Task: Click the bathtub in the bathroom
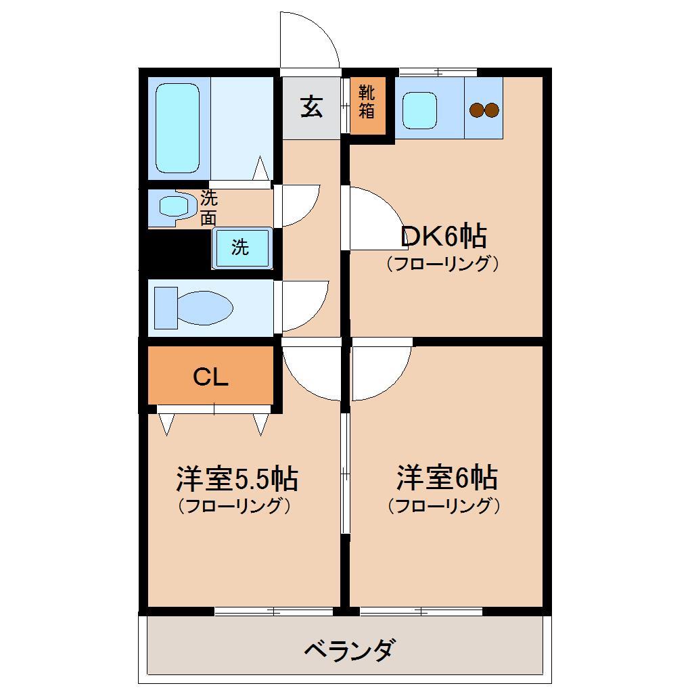pos(178,128)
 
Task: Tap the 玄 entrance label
pos(311,107)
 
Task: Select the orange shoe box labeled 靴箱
pos(367,106)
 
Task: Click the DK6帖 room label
pos(443,237)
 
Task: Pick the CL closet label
pos(210,377)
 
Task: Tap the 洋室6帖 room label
pos(446,478)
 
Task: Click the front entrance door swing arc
pos(310,41)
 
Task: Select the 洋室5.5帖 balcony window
pos(273,612)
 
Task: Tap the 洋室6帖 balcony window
pos(421,612)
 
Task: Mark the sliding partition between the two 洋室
pos(345,474)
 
